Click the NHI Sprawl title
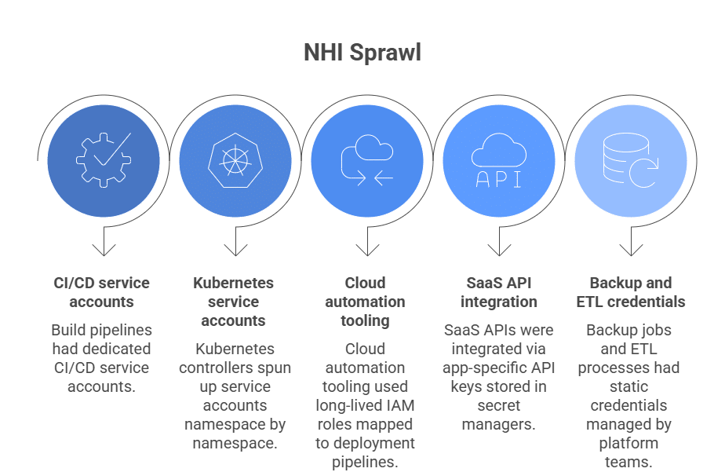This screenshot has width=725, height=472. (x=362, y=53)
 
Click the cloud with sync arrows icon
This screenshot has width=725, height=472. (x=366, y=160)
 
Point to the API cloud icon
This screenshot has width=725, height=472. (x=498, y=160)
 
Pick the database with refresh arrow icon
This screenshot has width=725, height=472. (x=630, y=160)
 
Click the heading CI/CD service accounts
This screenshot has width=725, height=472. (x=101, y=292)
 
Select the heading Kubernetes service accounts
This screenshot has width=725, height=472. (x=233, y=302)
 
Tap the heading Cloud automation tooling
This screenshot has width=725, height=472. (x=365, y=302)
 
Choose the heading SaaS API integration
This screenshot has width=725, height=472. (x=498, y=292)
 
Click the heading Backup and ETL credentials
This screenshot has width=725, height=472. (x=630, y=292)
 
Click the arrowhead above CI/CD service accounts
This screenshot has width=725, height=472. (x=104, y=251)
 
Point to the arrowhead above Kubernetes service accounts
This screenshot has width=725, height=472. (x=235, y=251)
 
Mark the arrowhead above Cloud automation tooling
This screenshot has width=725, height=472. (x=367, y=251)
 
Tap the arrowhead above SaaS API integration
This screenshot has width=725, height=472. (x=499, y=251)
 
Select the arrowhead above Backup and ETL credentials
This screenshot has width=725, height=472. (x=631, y=251)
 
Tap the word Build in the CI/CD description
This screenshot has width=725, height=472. (x=68, y=330)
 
